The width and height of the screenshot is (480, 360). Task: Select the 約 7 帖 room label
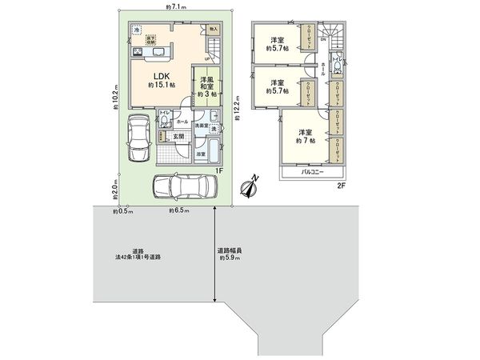[x=303, y=136]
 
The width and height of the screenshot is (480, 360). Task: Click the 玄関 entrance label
[x=180, y=137]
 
